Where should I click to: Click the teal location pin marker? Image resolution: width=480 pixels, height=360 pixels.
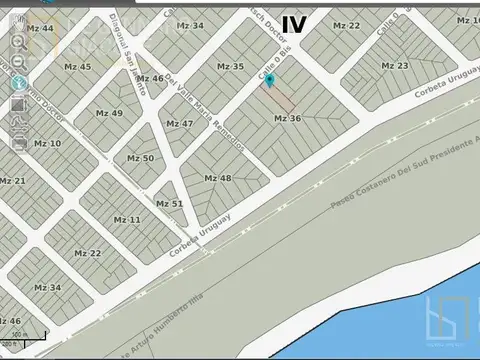pos(268,80)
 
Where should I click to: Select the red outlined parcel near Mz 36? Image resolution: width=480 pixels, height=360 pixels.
pos(280,97)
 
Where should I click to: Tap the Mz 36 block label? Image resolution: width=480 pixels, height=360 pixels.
pos(287,118)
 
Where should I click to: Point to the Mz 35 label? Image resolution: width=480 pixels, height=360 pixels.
pos(230,67)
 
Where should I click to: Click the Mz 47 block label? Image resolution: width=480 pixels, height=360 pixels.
pos(180,124)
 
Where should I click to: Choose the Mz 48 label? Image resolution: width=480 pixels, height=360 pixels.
pos(218,178)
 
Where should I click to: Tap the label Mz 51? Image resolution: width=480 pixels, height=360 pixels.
pos(170,204)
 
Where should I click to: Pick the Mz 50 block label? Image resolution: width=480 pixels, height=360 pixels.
pos(141,158)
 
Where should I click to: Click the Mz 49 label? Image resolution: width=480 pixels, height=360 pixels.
pos(109,113)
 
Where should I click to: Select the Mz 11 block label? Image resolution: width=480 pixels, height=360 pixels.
pos(127,219)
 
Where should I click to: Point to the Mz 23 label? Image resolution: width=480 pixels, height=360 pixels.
pos(395,66)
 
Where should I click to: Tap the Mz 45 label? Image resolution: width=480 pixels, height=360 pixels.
pos(77,67)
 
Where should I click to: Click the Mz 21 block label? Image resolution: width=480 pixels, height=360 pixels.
pos(13,181)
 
